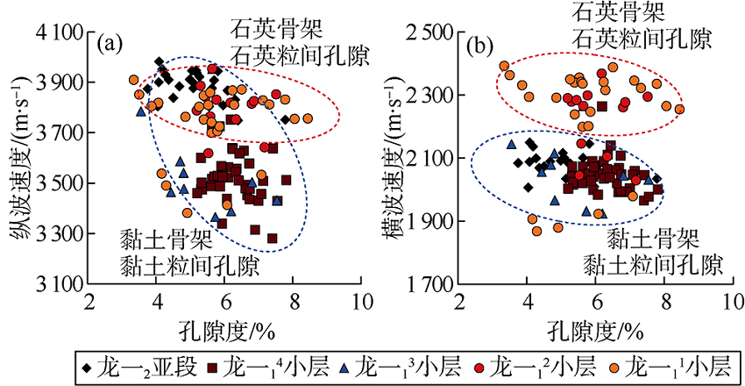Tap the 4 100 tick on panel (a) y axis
tap(56, 32)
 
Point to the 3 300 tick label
tap(56, 234)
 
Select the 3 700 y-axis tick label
tap(56, 133)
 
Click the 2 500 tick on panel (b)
tap(431, 32)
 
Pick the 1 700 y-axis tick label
tap(431, 284)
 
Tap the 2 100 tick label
tap(431, 159)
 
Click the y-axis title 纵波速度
tap(16, 158)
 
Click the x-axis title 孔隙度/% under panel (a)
tap(223, 331)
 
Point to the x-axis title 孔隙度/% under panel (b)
tap(596, 331)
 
